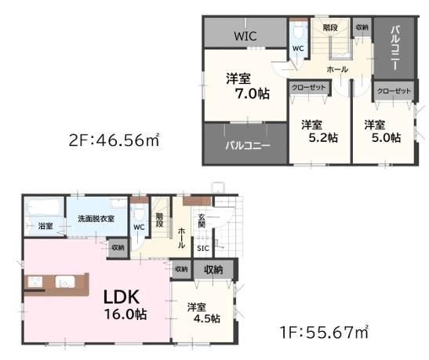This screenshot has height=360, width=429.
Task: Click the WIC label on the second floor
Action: pyautogui.click(x=245, y=36)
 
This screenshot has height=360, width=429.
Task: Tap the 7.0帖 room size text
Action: pyautogui.click(x=253, y=94)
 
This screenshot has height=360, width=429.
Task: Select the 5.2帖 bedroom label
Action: pyautogui.click(x=323, y=137)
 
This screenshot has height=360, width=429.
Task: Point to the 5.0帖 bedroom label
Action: pyautogui.click(x=386, y=137)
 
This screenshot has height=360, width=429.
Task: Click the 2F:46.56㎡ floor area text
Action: pyautogui.click(x=114, y=140)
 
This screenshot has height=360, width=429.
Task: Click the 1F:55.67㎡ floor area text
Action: pyautogui.click(x=324, y=333)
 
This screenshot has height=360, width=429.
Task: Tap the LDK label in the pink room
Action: pyautogui.click(x=122, y=296)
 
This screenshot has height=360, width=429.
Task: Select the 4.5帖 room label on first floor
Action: pyautogui.click(x=206, y=318)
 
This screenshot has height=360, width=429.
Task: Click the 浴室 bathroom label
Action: pyautogui.click(x=45, y=226)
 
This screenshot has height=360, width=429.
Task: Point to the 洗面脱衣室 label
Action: pyautogui.click(x=96, y=219)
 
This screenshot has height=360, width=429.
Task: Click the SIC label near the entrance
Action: pyautogui.click(x=203, y=249)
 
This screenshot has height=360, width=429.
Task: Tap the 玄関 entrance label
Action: pyautogui.click(x=202, y=221)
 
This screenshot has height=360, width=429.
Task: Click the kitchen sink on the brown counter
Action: pyautogui.click(x=65, y=282)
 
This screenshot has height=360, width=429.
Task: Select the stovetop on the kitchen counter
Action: pyautogui.click(x=35, y=282)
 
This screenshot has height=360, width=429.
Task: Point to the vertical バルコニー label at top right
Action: pyautogui.click(x=394, y=48)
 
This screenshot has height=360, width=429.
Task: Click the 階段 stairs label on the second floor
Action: pyautogui.click(x=330, y=27)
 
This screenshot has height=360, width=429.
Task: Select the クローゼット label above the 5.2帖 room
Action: pyautogui.click(x=308, y=88)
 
